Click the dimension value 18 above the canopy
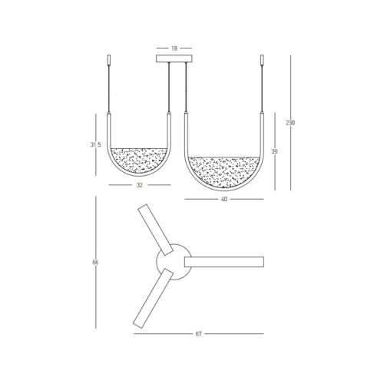pos(174,48)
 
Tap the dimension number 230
pos(290,123)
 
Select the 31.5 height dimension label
pos(96,144)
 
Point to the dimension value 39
pos(274,152)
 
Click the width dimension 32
pos(140,185)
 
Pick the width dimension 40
pos(224,199)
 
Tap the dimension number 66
pos(96,263)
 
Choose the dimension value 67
pos(198,334)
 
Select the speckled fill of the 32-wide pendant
pos(140,160)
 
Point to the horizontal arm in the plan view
pos(224,262)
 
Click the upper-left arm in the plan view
pos(155,229)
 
